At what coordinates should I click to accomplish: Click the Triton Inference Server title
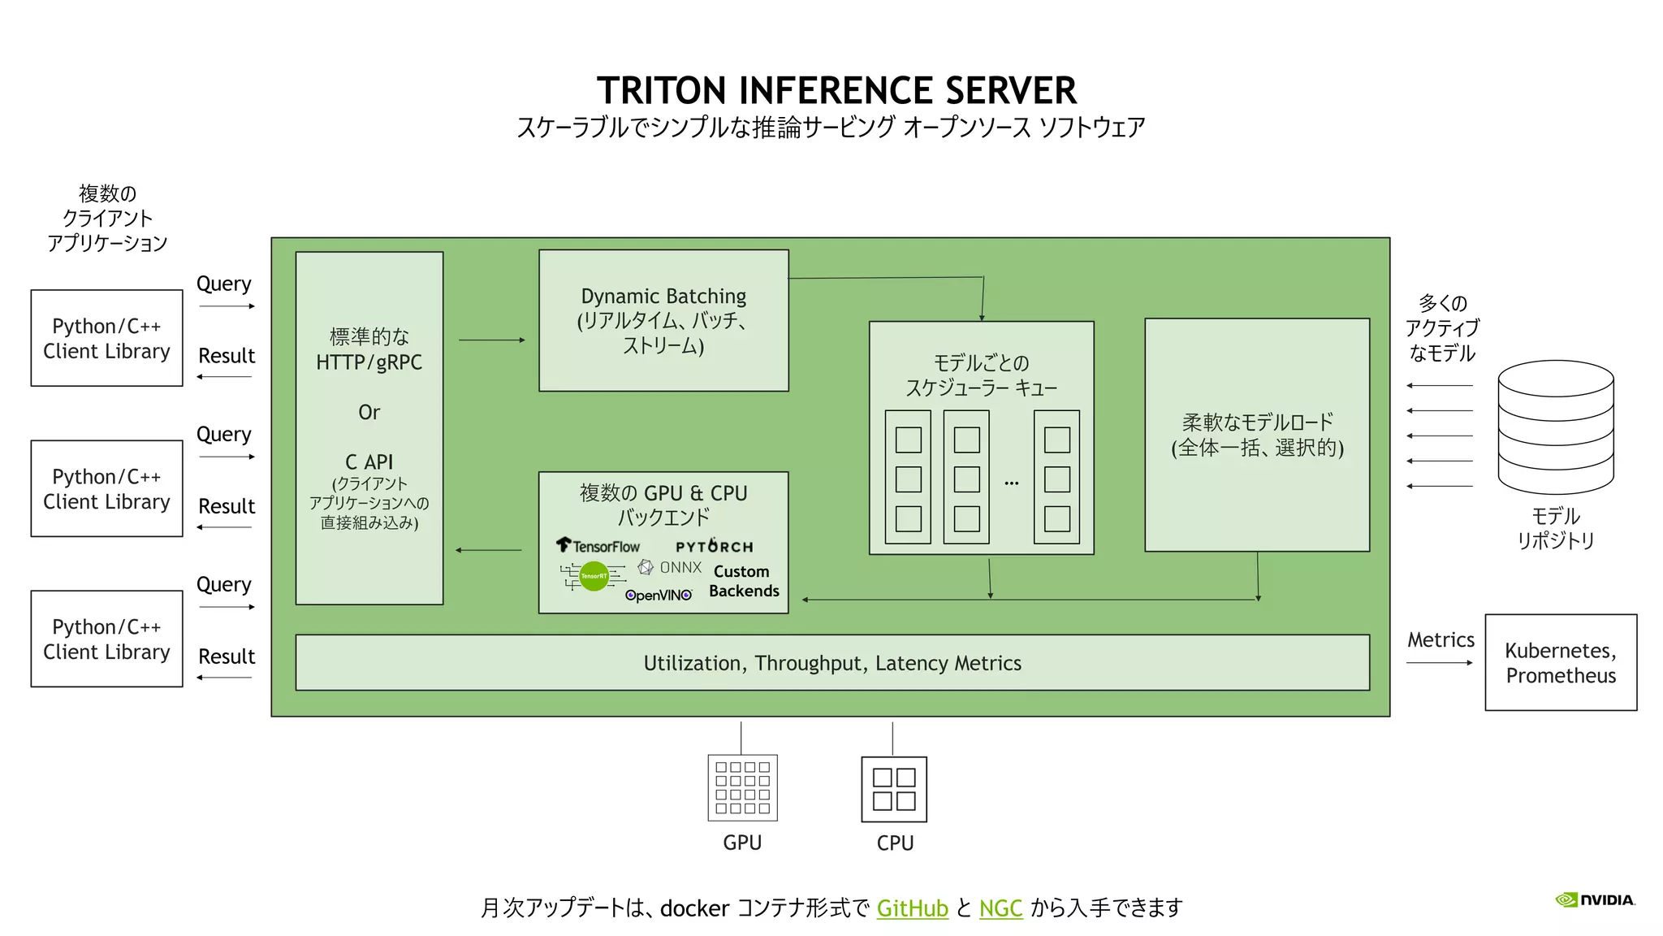836,90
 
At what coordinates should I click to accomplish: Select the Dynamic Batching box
663,320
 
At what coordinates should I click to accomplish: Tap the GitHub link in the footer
912,908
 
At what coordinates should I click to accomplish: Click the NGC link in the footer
1000,908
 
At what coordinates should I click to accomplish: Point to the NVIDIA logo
1595,899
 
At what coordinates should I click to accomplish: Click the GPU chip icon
742,787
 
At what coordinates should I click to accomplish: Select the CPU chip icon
893,789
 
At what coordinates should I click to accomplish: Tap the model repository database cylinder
1555,427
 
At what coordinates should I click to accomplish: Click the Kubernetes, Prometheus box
1560,662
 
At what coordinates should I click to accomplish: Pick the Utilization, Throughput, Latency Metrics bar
832,663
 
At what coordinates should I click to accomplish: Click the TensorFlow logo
598,546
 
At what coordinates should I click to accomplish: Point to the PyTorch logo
714,546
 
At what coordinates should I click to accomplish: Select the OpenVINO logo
659,596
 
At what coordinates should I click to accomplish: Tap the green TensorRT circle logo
594,576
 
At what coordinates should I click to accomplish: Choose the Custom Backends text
743,581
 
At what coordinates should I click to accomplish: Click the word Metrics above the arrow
1441,639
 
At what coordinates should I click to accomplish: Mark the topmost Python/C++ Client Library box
106,338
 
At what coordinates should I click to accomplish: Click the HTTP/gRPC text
369,362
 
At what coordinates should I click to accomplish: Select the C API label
369,461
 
